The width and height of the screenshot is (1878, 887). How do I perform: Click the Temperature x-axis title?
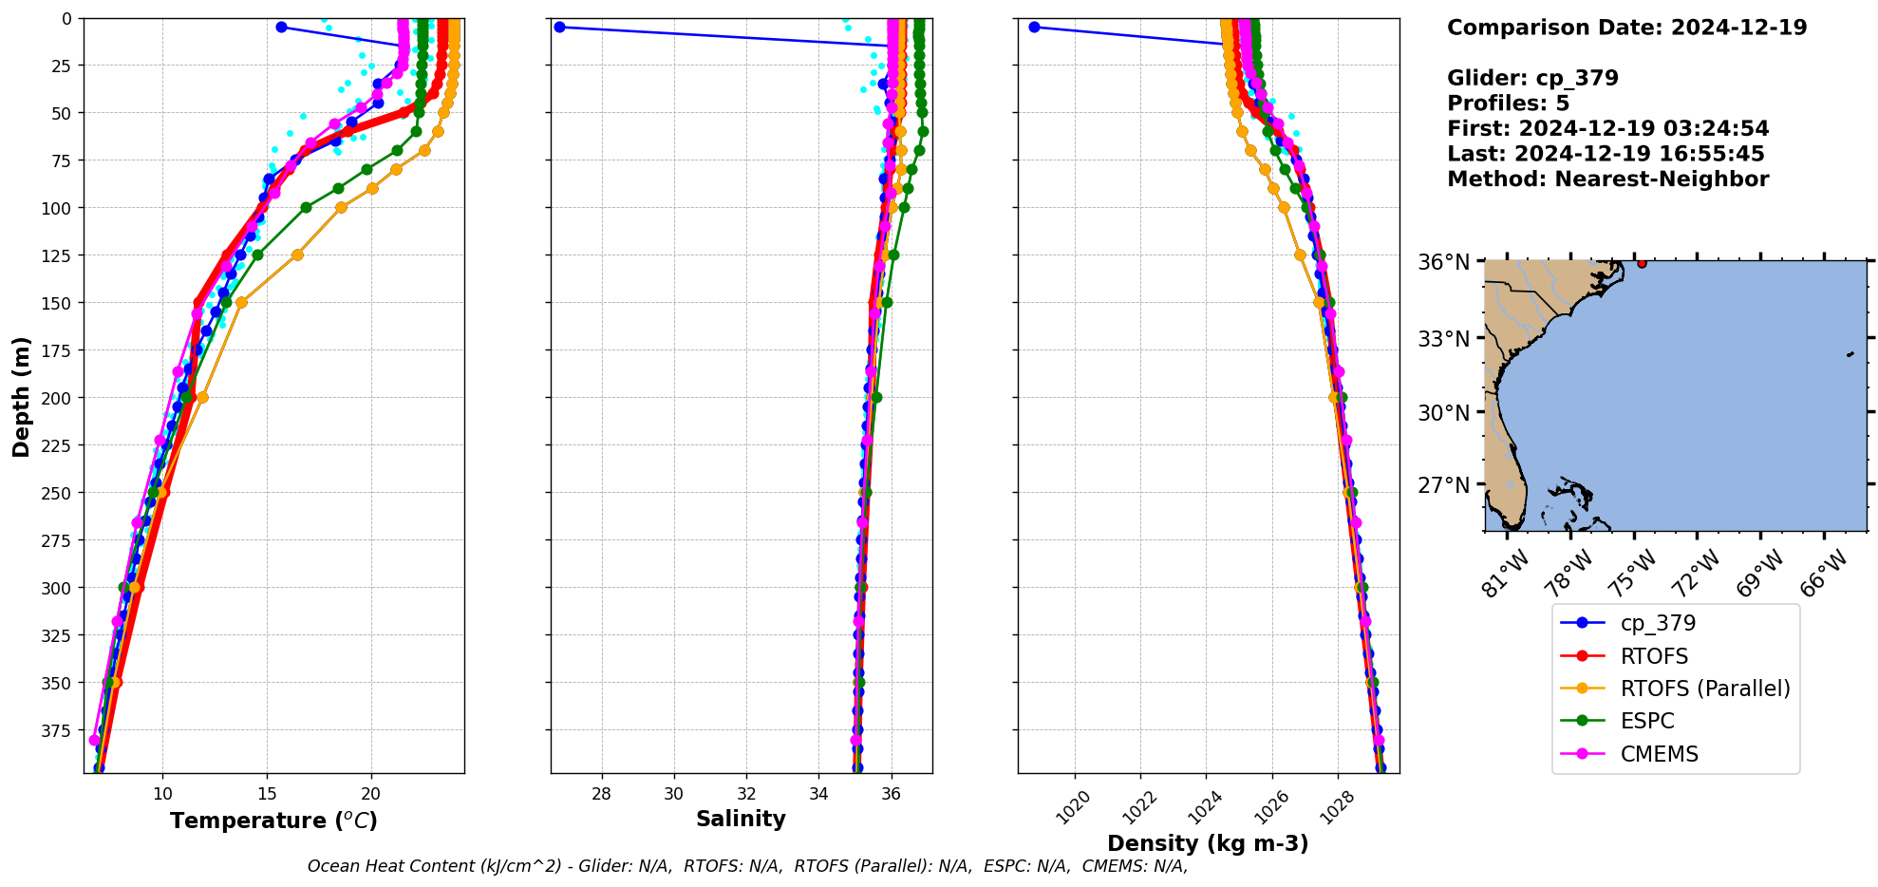coord(273,821)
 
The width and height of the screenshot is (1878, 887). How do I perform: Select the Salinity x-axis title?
coord(741,819)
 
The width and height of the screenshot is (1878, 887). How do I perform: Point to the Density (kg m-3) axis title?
coord(1208,843)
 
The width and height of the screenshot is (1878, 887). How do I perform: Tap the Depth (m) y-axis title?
coord(21,396)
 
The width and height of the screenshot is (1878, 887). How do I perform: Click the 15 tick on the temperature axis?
coord(267,794)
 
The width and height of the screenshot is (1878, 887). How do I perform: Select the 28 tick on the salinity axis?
coord(601,794)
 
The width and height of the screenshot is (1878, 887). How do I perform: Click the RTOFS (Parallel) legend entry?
coord(1704,689)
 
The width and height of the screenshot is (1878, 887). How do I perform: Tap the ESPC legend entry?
coord(1647,721)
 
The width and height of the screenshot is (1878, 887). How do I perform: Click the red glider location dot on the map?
coord(1642,263)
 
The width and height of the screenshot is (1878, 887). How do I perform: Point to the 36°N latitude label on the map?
coord(1443,262)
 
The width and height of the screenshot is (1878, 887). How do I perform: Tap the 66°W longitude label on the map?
coord(1825,573)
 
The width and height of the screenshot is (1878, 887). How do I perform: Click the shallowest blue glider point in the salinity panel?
coord(559,27)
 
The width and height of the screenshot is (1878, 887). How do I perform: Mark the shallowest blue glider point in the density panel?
coord(1034,27)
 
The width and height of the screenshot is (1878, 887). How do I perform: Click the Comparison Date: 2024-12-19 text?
coord(1626,28)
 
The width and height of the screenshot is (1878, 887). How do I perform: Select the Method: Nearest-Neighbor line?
coord(1607,179)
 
